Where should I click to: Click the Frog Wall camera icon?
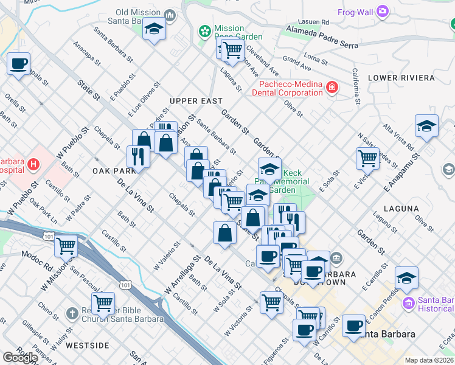(x=382, y=10)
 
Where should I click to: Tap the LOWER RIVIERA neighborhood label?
(x=401, y=78)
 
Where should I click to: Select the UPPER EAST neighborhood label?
(x=196, y=100)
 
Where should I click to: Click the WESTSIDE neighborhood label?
(x=87, y=345)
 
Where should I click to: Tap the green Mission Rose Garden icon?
(x=206, y=30)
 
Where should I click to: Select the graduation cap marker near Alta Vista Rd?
(x=427, y=126)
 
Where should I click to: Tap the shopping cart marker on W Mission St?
(x=66, y=246)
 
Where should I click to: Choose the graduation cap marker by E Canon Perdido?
(x=406, y=277)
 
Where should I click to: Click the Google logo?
(x=20, y=358)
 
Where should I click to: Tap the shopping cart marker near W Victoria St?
(x=271, y=301)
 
